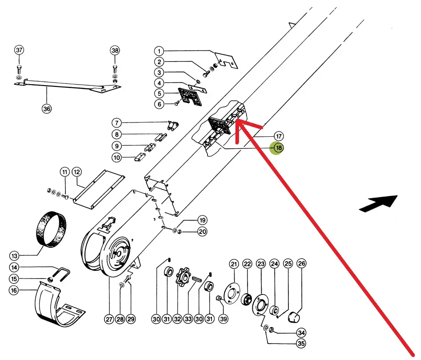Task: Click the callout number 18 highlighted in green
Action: [x=278, y=148]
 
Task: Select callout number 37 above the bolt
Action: [x=19, y=50]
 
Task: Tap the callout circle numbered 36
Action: [x=47, y=108]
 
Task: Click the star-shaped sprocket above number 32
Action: [x=182, y=276]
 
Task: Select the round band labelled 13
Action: [x=52, y=228]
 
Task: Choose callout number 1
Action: [x=160, y=51]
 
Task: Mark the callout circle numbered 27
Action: [x=109, y=319]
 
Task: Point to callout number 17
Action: [x=279, y=136]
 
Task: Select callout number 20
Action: [x=202, y=232]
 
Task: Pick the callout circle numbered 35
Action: [x=302, y=344]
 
